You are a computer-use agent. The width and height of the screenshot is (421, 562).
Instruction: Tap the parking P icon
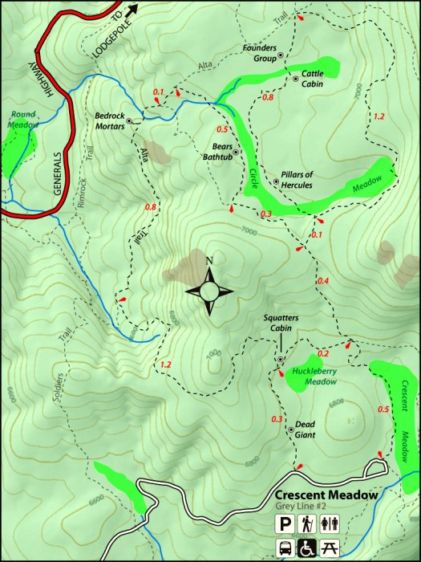tap(285, 524)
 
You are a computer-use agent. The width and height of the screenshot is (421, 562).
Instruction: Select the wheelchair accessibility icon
tap(306, 548)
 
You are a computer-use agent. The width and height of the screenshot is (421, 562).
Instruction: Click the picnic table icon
tap(328, 548)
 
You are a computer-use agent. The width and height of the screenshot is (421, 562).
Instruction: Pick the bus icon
tap(285, 548)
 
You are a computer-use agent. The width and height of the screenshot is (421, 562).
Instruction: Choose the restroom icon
tap(328, 524)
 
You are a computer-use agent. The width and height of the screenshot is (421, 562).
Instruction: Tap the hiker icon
tap(306, 524)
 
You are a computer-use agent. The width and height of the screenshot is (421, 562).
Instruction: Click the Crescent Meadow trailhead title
tap(326, 495)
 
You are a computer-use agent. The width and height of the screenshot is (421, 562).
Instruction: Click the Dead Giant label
tap(305, 430)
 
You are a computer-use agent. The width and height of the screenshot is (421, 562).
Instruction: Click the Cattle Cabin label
tap(312, 79)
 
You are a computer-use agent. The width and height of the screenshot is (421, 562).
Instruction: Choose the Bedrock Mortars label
tap(110, 120)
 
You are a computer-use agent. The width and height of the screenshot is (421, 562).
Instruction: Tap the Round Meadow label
tap(22, 120)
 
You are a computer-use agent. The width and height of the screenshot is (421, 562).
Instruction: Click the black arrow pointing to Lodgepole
tap(132, 9)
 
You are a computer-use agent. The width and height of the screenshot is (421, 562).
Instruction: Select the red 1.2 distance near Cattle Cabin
tap(379, 116)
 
